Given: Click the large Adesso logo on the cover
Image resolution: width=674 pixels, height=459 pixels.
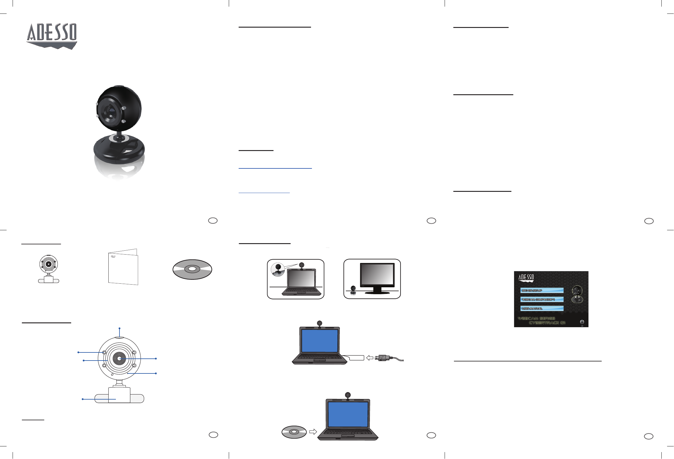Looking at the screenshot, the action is tap(52, 35).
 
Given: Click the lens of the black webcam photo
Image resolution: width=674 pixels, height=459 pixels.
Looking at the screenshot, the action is tap(110, 112).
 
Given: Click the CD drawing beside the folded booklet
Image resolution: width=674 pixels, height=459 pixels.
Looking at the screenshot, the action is tap(192, 269).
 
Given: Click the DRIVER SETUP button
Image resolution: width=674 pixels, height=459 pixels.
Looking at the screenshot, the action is tap(542, 290).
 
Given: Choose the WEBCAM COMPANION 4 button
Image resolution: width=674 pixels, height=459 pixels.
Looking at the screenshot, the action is tap(542, 299).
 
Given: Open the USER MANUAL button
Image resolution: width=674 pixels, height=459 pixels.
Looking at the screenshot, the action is tap(542, 308).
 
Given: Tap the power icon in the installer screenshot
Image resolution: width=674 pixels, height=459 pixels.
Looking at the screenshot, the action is tap(582, 322).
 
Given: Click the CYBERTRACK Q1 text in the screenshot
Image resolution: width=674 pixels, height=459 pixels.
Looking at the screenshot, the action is tap(547, 323).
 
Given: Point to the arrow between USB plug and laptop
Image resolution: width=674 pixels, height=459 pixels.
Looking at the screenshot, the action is tap(370, 358).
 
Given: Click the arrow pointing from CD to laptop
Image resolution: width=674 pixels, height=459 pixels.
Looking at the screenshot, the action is tap(313, 432).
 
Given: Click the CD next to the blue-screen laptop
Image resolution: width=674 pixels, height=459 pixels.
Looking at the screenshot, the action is tap(294, 432).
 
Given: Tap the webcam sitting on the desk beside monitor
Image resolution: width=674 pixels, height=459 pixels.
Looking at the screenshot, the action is tap(353, 290).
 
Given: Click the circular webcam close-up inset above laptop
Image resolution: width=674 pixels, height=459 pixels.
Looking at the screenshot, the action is tap(278, 269).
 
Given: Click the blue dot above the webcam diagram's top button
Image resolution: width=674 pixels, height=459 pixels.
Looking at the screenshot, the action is tap(119, 328).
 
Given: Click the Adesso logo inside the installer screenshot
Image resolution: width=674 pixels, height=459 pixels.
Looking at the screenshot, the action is tap(526, 278).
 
